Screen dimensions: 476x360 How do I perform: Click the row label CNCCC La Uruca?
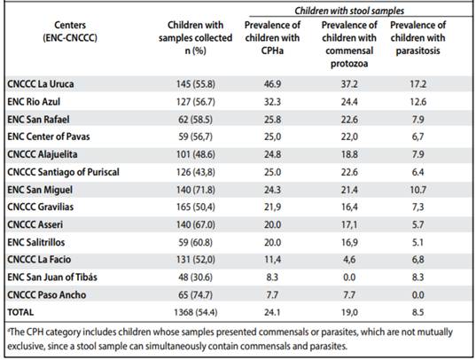click(x=41, y=84)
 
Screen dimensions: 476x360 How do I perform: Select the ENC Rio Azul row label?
click(x=34, y=101)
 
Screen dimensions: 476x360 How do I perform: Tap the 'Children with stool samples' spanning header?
click(x=349, y=11)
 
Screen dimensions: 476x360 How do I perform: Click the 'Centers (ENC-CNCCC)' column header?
click(x=70, y=31)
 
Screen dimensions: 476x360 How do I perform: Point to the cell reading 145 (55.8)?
click(x=196, y=84)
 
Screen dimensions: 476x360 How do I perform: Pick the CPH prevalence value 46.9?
click(x=272, y=84)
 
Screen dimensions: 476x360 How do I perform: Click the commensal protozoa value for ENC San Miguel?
click(x=349, y=190)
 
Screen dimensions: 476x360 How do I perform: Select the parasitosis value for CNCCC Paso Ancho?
click(x=418, y=295)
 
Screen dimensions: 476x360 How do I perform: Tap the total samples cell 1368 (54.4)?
click(x=196, y=312)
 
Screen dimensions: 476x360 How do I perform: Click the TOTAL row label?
click(x=20, y=312)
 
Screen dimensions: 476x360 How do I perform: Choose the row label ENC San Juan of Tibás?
click(x=52, y=277)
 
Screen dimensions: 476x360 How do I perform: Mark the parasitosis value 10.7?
click(x=418, y=190)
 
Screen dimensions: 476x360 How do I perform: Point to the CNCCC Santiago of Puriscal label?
click(x=63, y=172)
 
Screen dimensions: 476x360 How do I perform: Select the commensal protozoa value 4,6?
click(x=349, y=260)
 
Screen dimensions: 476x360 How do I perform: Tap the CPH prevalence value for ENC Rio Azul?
click(x=272, y=101)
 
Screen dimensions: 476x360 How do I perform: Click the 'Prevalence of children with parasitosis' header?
click(x=418, y=37)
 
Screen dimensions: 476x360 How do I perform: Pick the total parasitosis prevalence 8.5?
click(x=418, y=312)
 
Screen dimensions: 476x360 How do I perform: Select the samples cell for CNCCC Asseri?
click(x=196, y=225)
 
